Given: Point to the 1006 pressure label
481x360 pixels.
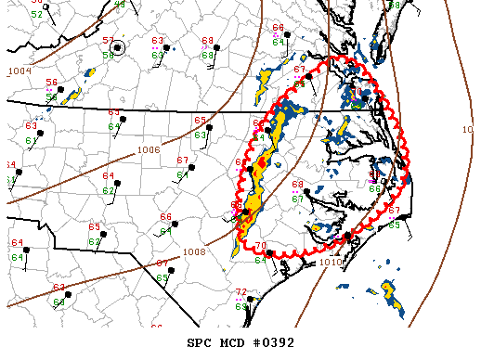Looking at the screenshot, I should [x=148, y=149].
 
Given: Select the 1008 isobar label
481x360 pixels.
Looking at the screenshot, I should [x=194, y=251].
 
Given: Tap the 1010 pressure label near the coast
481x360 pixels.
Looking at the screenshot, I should [x=331, y=263].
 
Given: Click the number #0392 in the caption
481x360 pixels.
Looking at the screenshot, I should [x=275, y=342].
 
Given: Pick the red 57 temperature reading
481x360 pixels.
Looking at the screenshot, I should [x=108, y=41].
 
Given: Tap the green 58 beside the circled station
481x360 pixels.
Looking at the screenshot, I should [x=108, y=56].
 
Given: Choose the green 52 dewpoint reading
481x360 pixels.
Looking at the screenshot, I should [x=36, y=15].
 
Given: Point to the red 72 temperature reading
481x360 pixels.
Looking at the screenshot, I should [x=241, y=292].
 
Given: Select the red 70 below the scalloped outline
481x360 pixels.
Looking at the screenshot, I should [x=261, y=246].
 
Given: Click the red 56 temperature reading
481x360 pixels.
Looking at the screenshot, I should [x=52, y=83].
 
